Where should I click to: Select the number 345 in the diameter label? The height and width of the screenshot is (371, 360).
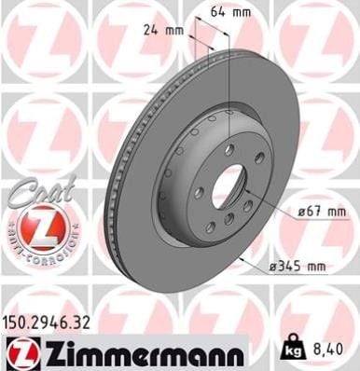[x=293, y=267]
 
